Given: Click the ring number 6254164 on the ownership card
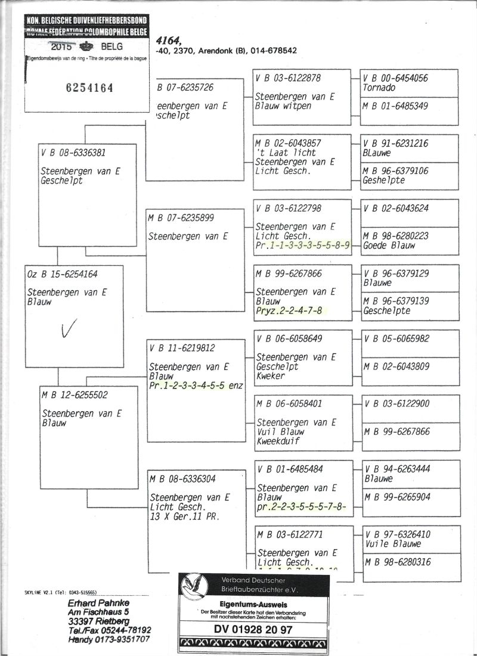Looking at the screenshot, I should click(88, 88).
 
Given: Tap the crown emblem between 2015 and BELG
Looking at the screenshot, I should click(86, 46).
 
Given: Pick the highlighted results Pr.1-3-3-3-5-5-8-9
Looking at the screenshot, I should click(302, 245).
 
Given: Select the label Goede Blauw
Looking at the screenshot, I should click(389, 245).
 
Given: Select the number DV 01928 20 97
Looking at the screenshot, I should click(253, 629).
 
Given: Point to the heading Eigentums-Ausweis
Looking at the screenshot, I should click(253, 603).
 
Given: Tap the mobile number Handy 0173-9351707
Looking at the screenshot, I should click(109, 639).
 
